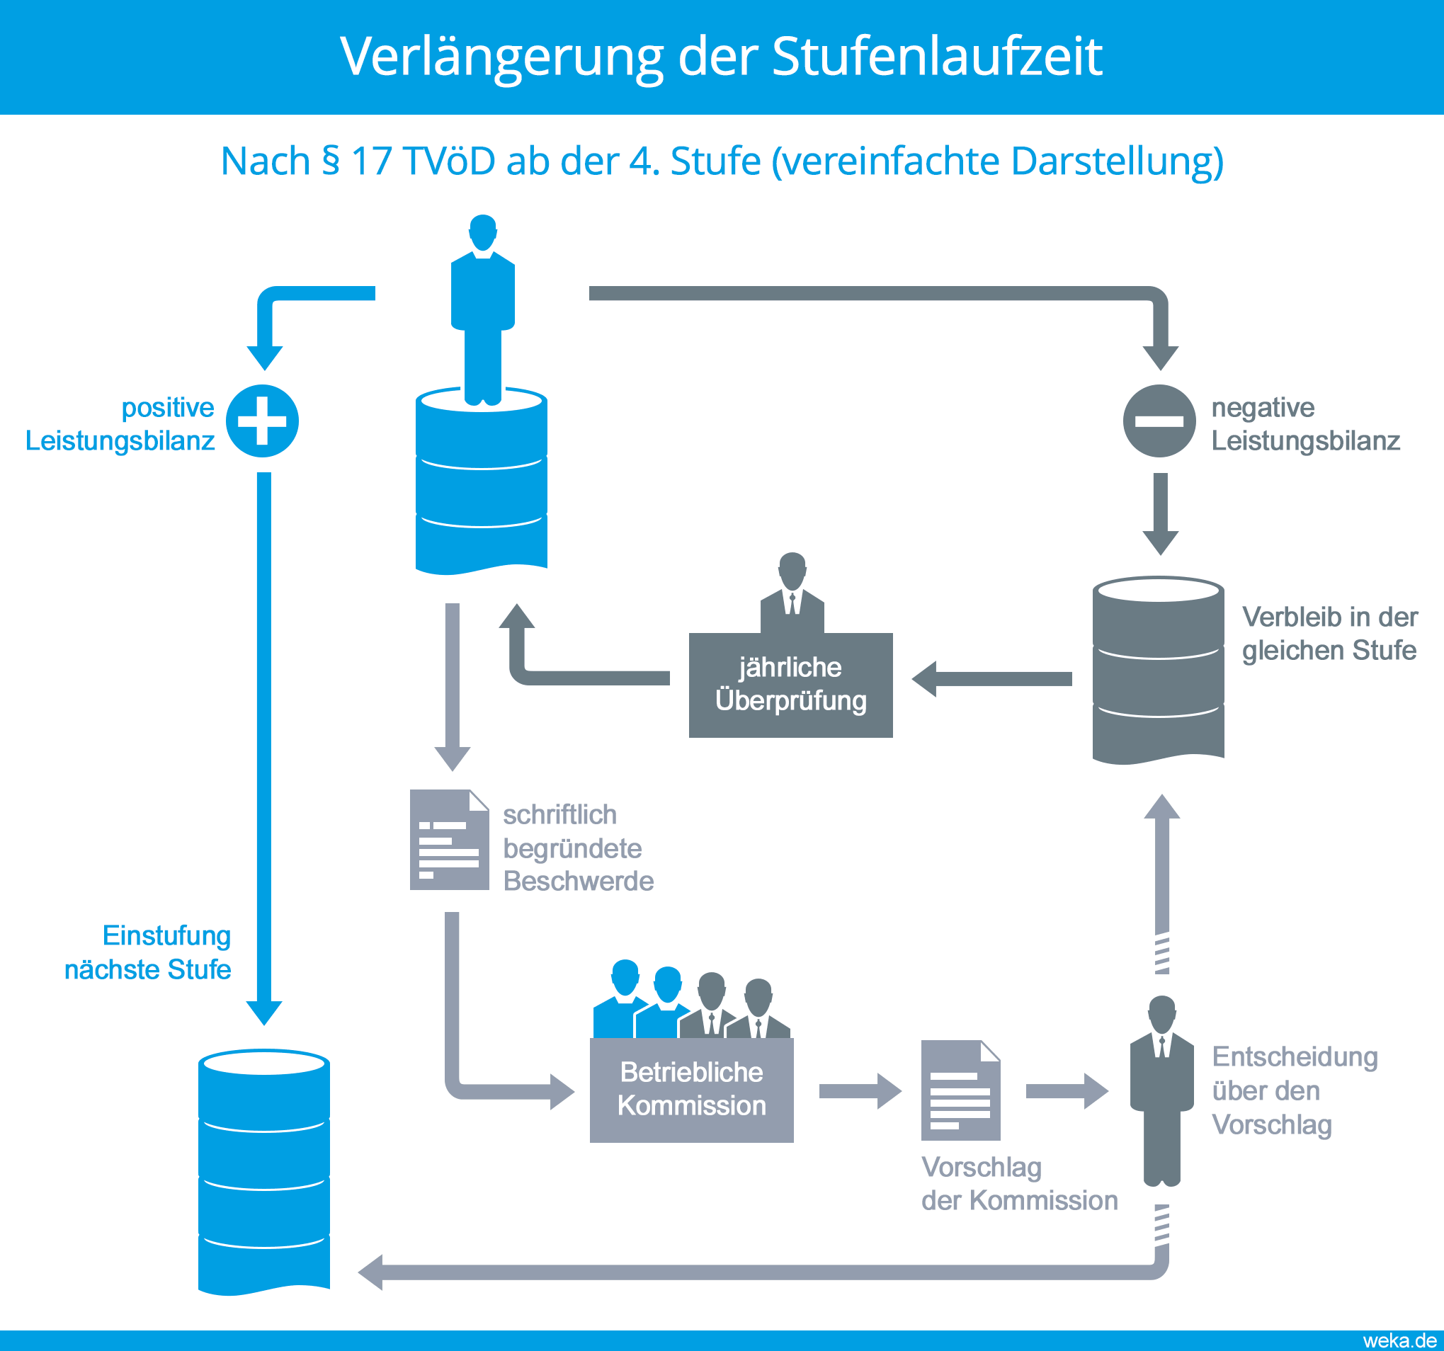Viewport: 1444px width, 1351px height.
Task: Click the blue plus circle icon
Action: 262,421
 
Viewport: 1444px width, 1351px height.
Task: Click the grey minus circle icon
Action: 1159,421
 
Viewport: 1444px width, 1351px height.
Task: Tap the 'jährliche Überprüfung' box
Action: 790,684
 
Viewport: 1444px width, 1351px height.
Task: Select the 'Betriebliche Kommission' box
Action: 691,1089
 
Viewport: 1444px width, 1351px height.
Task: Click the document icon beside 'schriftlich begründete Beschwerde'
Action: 449,840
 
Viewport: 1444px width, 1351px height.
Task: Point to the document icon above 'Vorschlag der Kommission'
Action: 960,1090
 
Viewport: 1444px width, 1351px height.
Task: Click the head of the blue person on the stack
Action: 483,230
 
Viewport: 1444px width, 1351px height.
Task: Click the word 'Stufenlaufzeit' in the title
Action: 937,56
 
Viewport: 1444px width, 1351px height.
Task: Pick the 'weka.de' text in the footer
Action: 1399,1341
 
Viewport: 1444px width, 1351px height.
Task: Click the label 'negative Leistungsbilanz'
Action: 1304,424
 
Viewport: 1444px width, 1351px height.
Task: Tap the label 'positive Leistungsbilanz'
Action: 120,424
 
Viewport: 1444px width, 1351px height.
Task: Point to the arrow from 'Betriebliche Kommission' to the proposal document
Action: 860,1091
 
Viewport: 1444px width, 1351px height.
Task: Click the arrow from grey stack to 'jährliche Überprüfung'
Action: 991,679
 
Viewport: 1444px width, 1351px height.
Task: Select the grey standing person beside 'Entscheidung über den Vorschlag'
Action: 1161,1090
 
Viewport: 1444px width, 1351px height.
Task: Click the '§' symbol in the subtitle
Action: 331,161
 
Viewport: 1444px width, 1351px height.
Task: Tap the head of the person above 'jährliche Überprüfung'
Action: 792,569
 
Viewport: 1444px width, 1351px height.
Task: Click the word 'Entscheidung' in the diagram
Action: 1295,1057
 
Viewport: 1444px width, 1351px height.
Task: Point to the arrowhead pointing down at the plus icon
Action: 264,358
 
